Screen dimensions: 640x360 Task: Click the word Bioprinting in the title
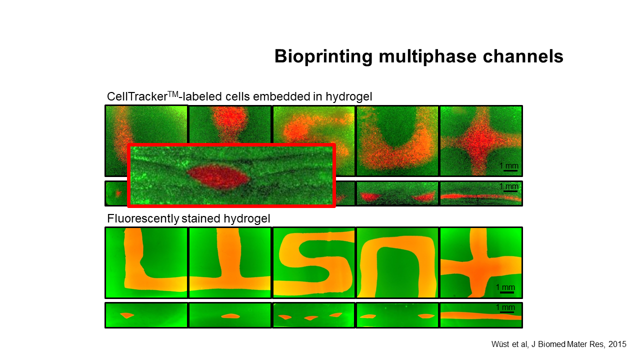(323, 56)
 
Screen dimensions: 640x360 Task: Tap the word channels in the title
(523, 56)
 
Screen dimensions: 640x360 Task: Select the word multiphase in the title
(427, 56)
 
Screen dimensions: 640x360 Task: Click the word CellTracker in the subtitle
(137, 96)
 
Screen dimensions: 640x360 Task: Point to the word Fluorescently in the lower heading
(143, 219)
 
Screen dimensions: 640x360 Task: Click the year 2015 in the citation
(617, 344)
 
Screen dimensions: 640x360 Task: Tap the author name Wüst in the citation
(500, 344)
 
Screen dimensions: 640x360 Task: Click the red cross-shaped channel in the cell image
(481, 141)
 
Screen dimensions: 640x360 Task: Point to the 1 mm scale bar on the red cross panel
(510, 171)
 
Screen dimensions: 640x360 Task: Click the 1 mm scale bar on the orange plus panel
(507, 292)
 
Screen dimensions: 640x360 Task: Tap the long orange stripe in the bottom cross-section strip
(481, 316)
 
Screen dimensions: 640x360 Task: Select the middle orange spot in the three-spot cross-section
(311, 317)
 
